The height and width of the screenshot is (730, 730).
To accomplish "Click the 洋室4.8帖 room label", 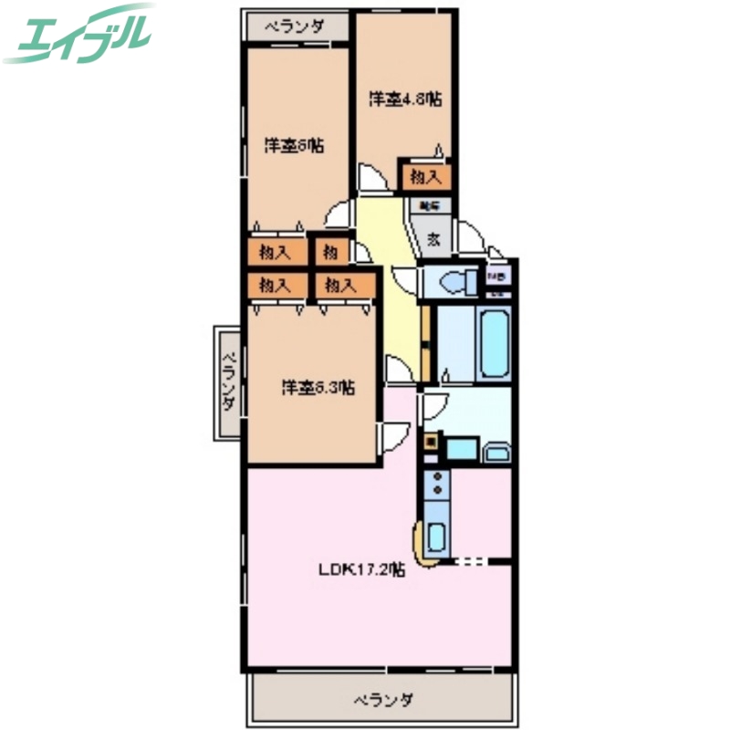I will pos(404,99).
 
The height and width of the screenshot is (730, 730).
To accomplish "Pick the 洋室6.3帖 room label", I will pos(318,387).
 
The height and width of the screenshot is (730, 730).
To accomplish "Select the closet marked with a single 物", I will pos(329,250).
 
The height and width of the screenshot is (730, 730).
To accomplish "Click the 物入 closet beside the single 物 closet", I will pos(275,250).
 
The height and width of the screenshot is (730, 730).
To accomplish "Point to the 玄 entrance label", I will pos(434,240).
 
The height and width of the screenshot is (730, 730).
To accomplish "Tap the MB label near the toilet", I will pos(498,276).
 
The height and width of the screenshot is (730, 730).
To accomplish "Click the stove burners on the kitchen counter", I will pos(435,487).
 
